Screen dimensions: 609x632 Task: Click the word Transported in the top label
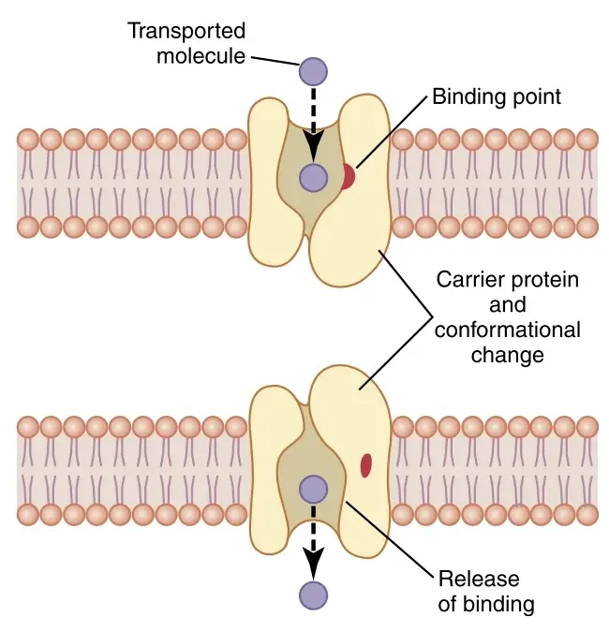[186, 31]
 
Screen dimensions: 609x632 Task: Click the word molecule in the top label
[201, 55]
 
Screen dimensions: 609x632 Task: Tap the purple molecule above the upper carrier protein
[313, 71]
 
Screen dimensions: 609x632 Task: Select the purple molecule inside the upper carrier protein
[313, 177]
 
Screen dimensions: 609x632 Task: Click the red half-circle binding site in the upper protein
[349, 176]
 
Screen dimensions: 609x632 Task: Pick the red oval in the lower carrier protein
[365, 465]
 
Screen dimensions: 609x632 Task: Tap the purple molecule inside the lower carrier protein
[313, 490]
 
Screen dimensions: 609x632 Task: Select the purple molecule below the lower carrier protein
[313, 595]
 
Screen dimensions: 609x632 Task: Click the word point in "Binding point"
[535, 97]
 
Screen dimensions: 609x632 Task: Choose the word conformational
[508, 330]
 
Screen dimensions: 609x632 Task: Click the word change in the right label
[508, 356]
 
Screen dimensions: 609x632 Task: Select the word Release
[479, 579]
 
